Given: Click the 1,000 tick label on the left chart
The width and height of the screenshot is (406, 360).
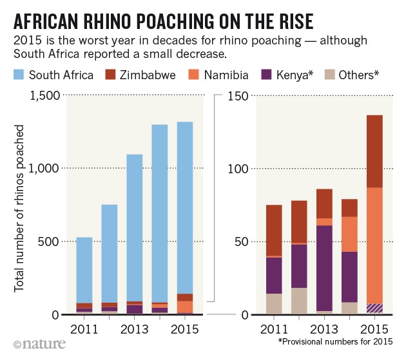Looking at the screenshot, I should (x=44, y=169).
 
